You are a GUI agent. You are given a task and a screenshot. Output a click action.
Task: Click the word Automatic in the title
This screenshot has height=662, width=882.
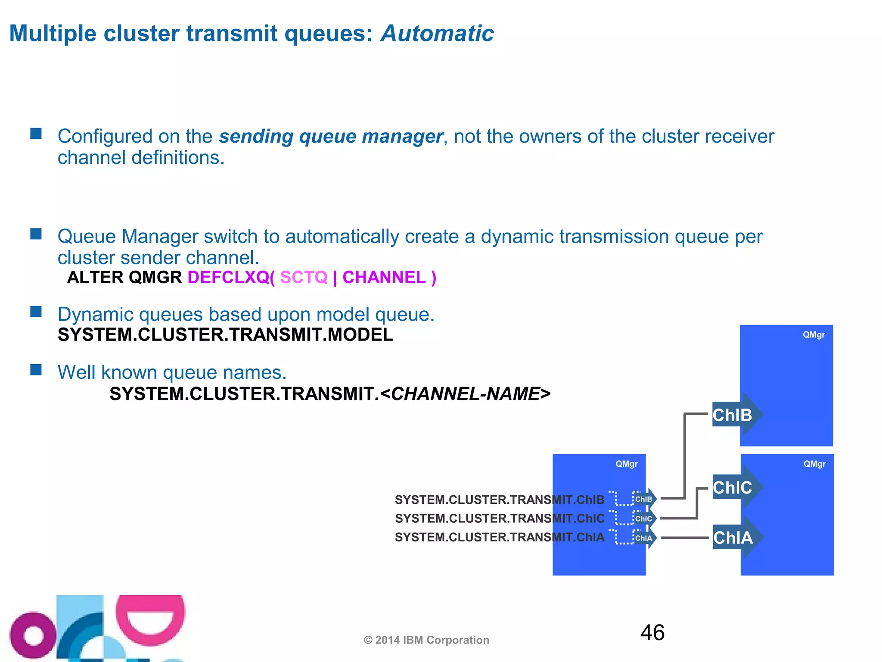coord(437,34)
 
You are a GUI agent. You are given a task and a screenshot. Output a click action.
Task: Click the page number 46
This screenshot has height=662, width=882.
coord(652,633)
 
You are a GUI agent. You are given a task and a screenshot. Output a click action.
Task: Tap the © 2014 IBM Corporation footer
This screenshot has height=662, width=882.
coord(426,640)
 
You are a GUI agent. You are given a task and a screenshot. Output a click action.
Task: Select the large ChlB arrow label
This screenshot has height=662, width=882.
coord(733,415)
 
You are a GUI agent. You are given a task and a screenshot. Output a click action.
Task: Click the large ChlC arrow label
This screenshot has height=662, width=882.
coord(733,487)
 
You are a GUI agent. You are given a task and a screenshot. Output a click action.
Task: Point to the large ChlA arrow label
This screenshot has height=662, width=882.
coord(733,537)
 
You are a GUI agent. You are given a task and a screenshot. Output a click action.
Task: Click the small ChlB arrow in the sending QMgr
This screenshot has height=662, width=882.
coord(644,499)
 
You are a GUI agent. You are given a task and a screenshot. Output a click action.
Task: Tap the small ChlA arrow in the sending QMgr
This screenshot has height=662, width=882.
coord(644,538)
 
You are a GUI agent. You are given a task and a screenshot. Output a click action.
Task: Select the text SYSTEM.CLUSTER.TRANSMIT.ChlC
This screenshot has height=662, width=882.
coord(500,518)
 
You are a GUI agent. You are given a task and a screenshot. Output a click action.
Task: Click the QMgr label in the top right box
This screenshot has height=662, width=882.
coord(814,335)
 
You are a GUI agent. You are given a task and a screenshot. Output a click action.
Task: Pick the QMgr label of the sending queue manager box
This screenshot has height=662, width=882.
coord(626,464)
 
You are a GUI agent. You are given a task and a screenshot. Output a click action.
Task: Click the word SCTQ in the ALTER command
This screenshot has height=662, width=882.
coord(304,278)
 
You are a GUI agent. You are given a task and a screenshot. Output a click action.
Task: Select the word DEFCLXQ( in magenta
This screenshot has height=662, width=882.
coord(231,278)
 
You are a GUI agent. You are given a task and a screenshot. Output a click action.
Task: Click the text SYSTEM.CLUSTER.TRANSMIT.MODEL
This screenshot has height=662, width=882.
coord(225,335)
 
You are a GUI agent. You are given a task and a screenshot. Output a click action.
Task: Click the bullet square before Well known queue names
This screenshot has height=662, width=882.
coord(36,370)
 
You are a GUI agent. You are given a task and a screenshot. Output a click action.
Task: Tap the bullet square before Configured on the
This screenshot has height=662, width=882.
coord(36,134)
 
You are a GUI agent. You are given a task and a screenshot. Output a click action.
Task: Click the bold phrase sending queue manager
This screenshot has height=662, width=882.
coord(331,137)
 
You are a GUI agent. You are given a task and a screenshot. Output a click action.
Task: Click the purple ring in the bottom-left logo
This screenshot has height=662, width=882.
coord(32,636)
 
